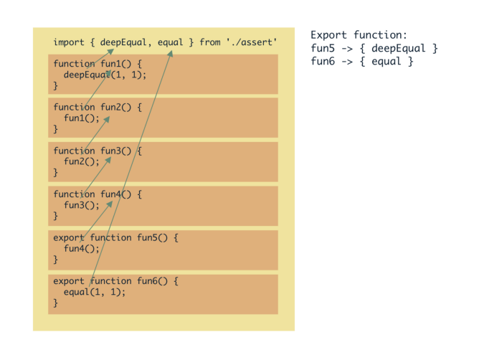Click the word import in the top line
click(x=68, y=43)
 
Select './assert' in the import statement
click(x=251, y=43)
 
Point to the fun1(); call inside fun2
click(x=82, y=118)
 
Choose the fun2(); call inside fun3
click(x=82, y=161)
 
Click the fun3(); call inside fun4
click(x=82, y=205)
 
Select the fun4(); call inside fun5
click(x=82, y=249)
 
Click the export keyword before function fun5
click(x=68, y=238)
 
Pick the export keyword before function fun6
click(x=68, y=281)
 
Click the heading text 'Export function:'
click(x=359, y=34)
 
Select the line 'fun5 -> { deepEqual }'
click(x=374, y=48)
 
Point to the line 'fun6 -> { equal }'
click(x=361, y=62)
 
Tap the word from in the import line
click(x=210, y=43)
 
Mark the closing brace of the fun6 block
click(x=55, y=303)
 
